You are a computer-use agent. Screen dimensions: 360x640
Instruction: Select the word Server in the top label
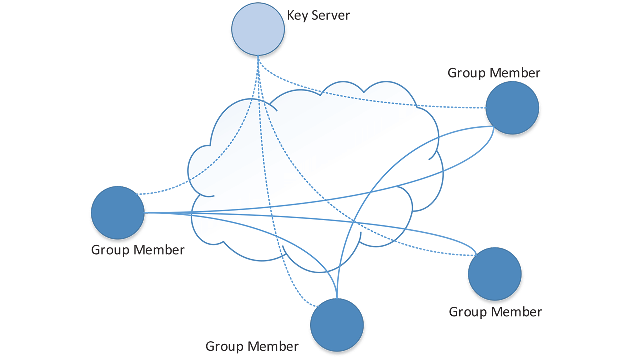pos(331,15)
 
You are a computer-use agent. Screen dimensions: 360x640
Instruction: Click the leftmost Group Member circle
pos(118,212)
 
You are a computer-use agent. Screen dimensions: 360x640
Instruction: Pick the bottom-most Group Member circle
pos(337,325)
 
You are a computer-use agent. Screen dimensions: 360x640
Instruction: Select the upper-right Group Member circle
pos(512,108)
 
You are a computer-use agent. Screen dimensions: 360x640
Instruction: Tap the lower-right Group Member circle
pos(495,273)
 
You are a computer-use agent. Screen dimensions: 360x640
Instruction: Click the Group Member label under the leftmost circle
pos(138,250)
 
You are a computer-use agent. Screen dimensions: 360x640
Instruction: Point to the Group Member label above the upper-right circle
pos(494,73)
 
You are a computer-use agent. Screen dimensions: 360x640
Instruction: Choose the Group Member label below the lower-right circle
pos(495,312)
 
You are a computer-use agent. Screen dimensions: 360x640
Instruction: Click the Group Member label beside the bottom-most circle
pos(252,346)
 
